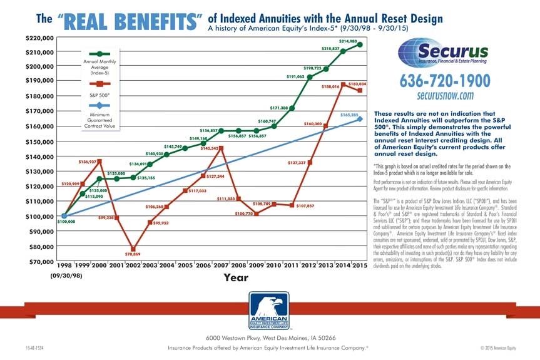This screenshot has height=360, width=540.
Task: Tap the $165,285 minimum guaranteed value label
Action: [x=349, y=115]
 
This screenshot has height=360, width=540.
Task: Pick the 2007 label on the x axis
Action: [x=221, y=265]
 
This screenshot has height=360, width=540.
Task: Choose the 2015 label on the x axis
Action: [x=359, y=265]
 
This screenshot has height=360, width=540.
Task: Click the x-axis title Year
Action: [x=236, y=277]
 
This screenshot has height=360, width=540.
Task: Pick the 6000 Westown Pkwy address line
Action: [x=270, y=338]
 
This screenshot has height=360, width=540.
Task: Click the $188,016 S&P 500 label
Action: [x=330, y=87]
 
